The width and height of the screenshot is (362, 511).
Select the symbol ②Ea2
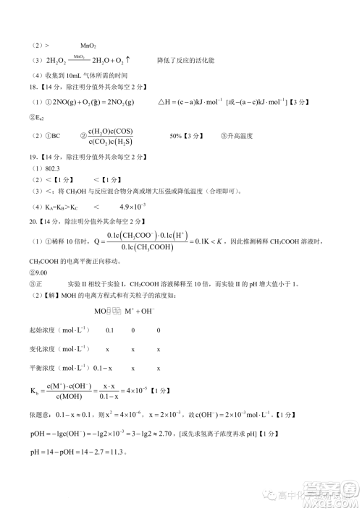37,117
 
